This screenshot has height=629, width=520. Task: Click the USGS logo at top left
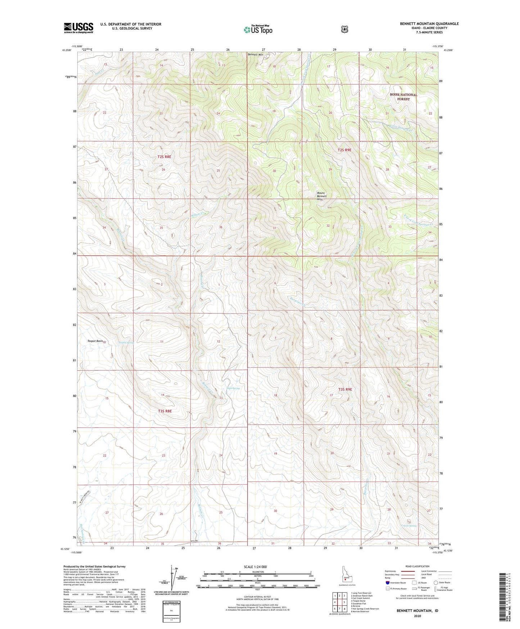click(78, 28)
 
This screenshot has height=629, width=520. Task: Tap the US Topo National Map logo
click(257, 30)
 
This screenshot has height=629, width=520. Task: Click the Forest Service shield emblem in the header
click(344, 29)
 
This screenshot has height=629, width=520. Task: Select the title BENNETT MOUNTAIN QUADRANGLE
click(429, 24)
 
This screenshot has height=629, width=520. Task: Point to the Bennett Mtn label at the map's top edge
click(255, 54)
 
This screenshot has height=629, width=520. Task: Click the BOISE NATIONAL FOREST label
click(403, 97)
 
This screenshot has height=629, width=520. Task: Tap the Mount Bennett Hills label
click(322, 196)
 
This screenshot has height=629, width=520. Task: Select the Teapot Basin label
click(95, 341)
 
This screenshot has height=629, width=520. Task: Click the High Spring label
click(233, 388)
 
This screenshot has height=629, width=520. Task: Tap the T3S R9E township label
click(344, 389)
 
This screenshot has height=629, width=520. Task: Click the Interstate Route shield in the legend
click(388, 583)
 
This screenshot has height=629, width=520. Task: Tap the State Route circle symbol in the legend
click(436, 583)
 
